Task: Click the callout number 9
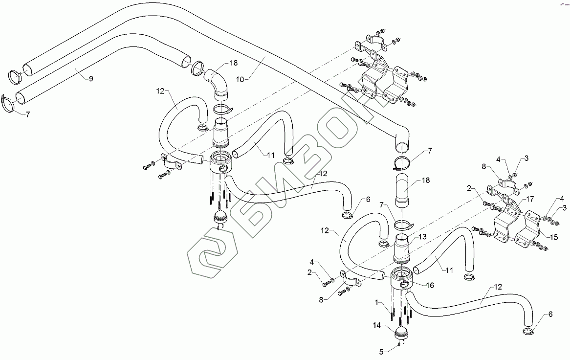pos(90,78)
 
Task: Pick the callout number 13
pos(423,236)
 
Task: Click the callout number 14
pos(377,324)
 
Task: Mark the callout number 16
pos(430,285)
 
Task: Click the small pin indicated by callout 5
pos(400,344)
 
